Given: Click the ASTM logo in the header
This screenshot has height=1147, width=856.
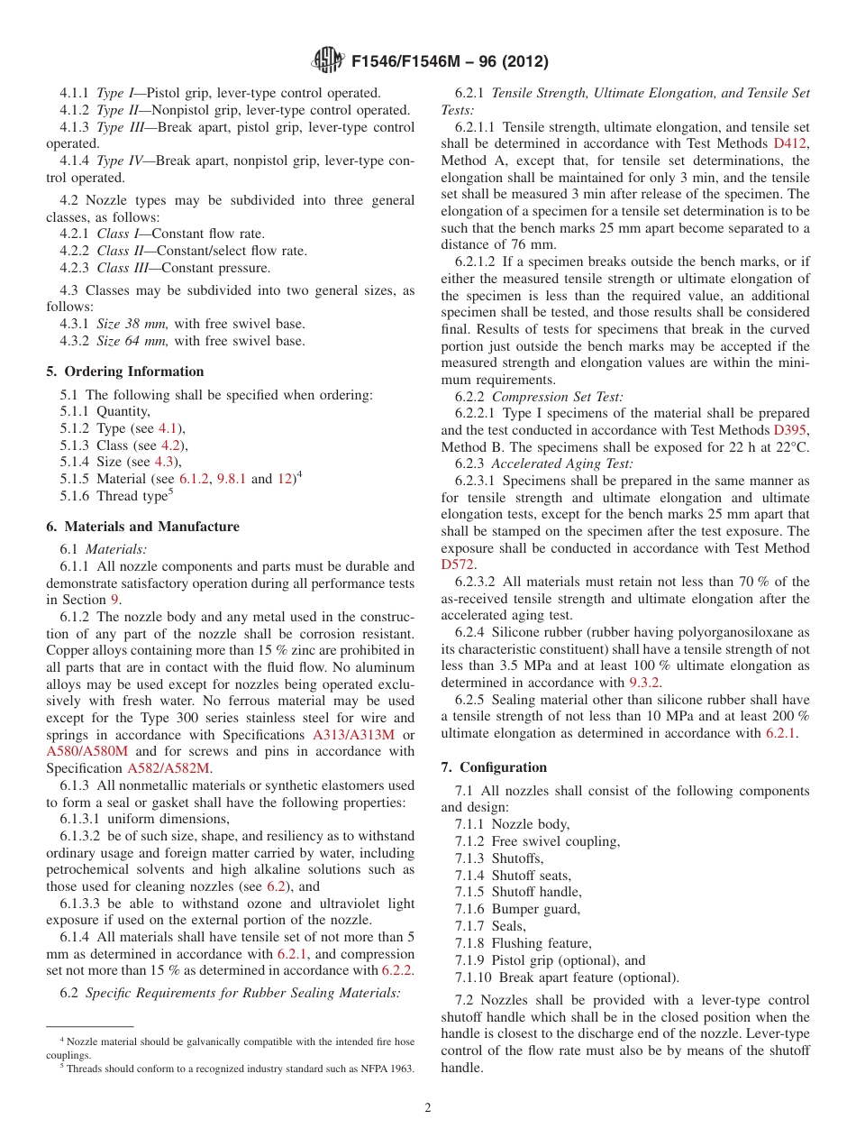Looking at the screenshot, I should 327,61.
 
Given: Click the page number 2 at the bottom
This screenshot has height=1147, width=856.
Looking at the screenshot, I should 428,1108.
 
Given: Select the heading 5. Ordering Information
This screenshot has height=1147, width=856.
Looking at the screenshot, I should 125,372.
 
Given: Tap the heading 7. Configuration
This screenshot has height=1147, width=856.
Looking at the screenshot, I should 494,767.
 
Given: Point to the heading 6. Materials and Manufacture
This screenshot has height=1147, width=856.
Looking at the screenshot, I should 143,527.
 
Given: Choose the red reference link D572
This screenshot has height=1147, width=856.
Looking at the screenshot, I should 458,564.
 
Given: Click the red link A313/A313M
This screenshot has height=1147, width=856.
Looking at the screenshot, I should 354,735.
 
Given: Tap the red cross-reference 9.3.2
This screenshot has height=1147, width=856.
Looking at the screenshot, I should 645,683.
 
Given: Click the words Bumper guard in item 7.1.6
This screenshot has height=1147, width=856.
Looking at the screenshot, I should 535,909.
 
